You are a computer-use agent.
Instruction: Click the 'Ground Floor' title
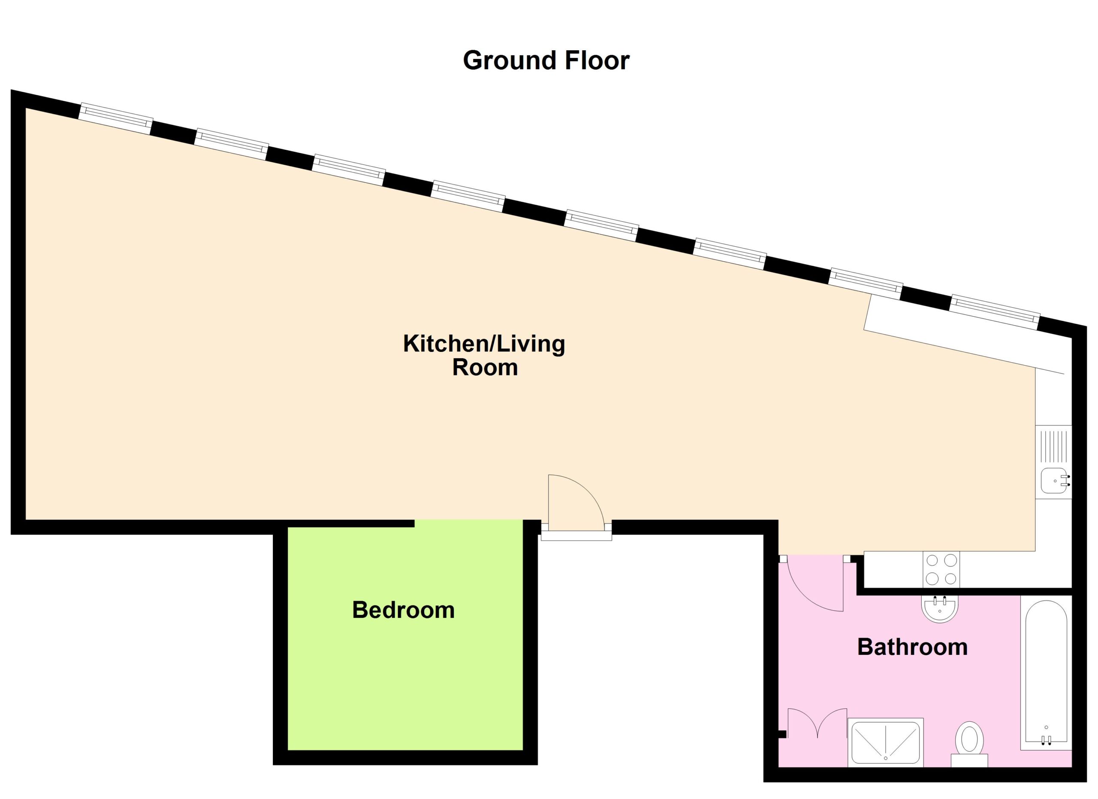pyautogui.click(x=546, y=61)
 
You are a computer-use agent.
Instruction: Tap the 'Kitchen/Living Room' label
pyautogui.click(x=484, y=355)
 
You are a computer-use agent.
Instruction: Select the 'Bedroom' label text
pyautogui.click(x=403, y=610)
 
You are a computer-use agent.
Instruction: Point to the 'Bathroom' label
pyautogui.click(x=912, y=648)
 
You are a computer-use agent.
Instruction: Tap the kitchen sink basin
pyautogui.click(x=1055, y=481)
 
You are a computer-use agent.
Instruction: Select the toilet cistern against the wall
pyautogui.click(x=969, y=774)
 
